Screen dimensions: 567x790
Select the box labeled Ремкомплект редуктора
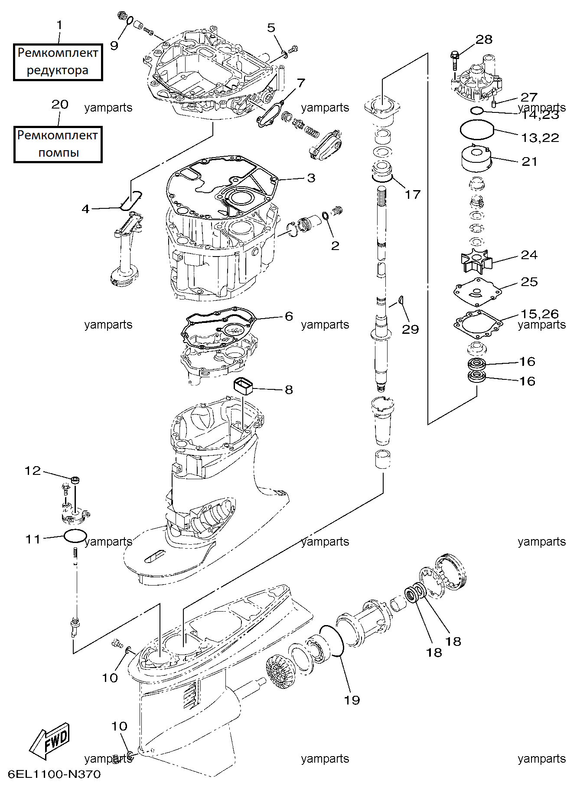click(58, 62)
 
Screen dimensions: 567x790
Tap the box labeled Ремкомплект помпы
click(58, 145)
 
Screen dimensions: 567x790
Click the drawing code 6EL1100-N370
click(54, 774)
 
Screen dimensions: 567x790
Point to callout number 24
click(529, 255)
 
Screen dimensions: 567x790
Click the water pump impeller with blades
click(476, 260)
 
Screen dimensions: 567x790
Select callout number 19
click(352, 700)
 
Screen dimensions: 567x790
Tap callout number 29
click(410, 329)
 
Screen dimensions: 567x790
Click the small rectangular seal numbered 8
click(243, 385)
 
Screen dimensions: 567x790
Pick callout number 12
click(33, 471)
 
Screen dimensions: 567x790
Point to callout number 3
click(311, 178)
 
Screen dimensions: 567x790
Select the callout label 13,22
click(540, 138)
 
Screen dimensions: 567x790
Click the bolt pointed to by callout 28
click(454, 60)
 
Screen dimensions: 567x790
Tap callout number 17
click(413, 194)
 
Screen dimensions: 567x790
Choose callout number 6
click(289, 316)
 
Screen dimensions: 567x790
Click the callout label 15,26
click(540, 314)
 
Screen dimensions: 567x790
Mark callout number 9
click(114, 46)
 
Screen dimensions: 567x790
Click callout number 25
click(529, 282)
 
